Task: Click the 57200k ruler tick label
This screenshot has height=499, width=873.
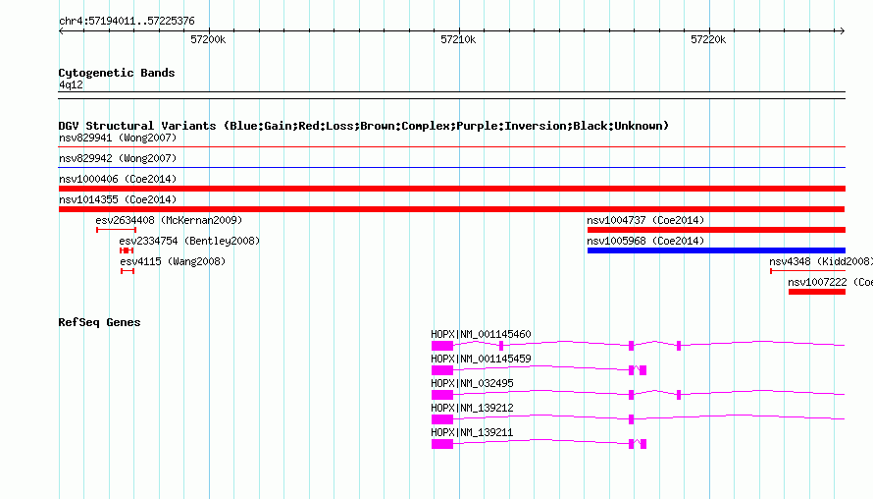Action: coord(208,39)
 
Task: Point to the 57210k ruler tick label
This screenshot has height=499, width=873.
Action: coord(458,39)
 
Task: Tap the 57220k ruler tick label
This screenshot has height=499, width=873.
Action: coord(708,39)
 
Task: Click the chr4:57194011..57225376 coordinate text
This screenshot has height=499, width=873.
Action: coord(127,22)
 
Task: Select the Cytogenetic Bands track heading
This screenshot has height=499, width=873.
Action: coord(117,73)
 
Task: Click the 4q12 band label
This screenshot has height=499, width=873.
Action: coord(71,84)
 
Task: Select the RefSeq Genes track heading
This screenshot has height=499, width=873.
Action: coord(99,322)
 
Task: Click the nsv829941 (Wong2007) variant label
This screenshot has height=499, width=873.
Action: coord(118,138)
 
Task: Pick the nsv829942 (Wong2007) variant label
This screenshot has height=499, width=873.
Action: coord(118,158)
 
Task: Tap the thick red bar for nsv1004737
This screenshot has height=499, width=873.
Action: coord(716,230)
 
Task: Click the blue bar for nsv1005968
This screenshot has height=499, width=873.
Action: coord(716,250)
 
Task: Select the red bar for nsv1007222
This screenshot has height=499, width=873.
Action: coord(817,292)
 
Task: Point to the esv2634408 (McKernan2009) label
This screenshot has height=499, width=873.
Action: coord(169,220)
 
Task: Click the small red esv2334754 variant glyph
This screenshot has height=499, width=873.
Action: coord(127,250)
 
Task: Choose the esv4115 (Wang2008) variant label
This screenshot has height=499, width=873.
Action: coord(173,261)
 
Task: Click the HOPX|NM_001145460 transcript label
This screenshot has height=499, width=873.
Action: coord(481,335)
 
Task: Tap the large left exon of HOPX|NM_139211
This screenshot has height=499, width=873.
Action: coord(442,444)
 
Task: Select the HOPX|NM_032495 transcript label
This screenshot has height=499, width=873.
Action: coord(472,384)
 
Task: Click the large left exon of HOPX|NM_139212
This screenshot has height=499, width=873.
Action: coord(442,419)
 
